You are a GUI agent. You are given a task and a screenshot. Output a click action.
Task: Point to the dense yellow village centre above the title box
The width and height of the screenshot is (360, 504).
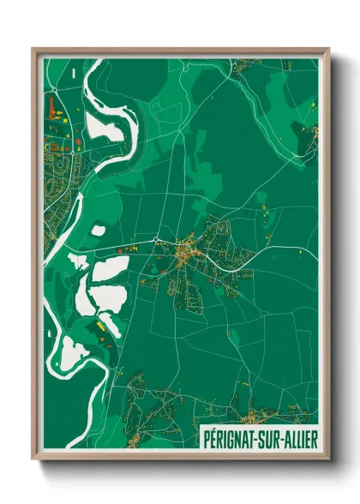250,419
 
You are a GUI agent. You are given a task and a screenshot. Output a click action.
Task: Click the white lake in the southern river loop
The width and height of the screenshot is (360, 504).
69,351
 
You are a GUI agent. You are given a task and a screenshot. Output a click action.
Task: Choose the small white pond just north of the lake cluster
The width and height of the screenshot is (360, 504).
99,231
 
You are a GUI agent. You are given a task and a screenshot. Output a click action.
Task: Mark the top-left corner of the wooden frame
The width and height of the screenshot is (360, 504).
33,49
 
